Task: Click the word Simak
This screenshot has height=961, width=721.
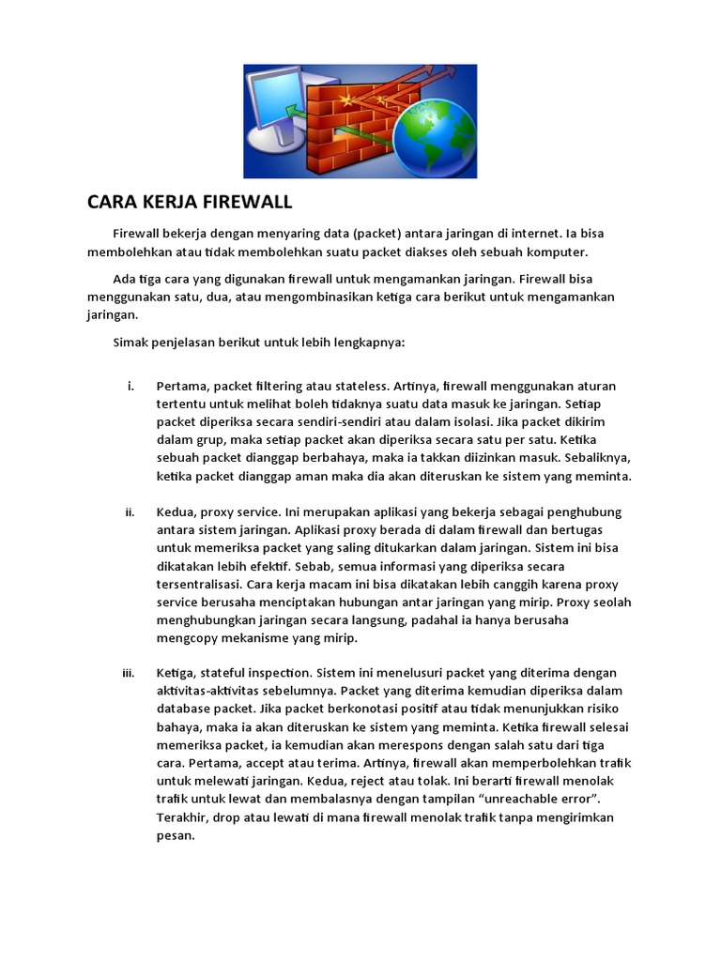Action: click(130, 343)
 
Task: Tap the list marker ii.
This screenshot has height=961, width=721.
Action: click(130, 512)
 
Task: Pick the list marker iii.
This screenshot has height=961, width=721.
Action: click(130, 673)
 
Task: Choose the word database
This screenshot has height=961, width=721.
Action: click(185, 709)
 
